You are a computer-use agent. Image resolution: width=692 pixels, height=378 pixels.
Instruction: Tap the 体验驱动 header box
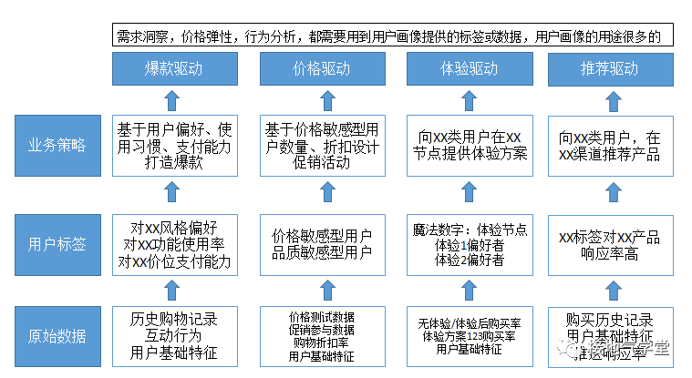click(465, 69)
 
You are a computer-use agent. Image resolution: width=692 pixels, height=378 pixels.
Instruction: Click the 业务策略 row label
click(57, 145)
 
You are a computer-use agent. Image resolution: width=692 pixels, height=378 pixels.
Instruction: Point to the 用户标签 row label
click(57, 243)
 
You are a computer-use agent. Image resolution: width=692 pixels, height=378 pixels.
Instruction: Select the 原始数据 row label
click(57, 336)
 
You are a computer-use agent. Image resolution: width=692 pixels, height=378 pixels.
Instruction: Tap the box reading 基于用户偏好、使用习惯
click(174, 145)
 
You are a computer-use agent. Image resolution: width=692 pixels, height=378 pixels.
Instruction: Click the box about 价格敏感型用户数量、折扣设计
click(321, 145)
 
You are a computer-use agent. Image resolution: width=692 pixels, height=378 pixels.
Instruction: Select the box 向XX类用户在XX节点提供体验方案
click(467, 145)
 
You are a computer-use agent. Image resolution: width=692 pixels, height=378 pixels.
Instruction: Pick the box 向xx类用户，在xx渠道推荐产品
click(609, 145)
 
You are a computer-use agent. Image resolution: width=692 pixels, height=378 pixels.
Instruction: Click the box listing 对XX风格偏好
click(174, 243)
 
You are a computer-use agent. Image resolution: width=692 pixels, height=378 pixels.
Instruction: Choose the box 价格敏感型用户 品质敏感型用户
click(321, 243)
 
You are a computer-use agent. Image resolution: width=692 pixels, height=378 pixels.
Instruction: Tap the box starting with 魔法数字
click(467, 243)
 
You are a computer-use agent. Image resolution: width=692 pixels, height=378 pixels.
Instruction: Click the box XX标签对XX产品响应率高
click(609, 243)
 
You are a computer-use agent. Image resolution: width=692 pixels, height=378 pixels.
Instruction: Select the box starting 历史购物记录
click(174, 336)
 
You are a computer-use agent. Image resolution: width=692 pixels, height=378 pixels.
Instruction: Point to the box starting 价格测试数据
click(321, 336)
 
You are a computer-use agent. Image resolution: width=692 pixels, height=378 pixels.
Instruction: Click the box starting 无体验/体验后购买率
click(467, 336)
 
